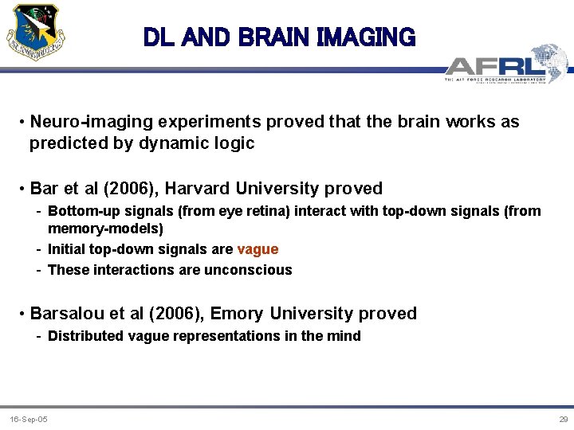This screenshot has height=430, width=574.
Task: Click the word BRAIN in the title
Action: [269, 37]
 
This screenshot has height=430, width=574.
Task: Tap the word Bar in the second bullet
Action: [44, 189]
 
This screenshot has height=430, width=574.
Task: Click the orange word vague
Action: [258, 249]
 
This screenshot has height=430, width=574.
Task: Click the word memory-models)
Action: [105, 229]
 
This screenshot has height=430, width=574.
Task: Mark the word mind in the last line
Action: [344, 336]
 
